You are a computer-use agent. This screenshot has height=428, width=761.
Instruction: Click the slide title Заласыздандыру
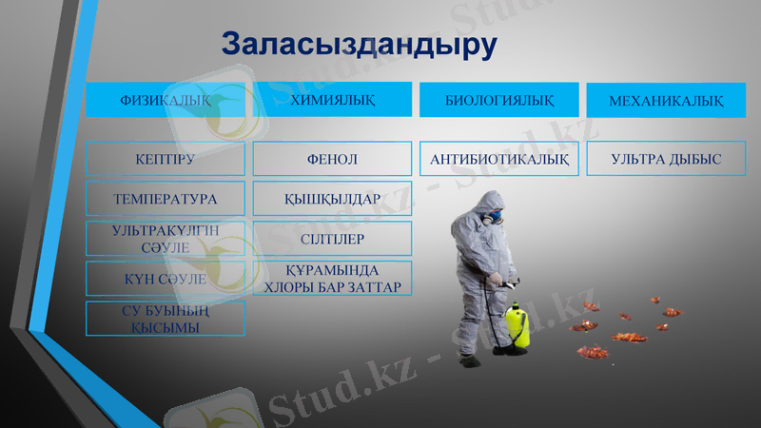tap(359, 45)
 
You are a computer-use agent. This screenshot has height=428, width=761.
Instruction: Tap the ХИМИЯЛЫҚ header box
tap(332, 100)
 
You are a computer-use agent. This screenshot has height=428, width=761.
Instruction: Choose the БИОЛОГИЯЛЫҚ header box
tap(498, 100)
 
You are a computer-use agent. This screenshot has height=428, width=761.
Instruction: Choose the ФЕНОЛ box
tap(332, 159)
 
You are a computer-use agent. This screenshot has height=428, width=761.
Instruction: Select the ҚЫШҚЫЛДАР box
tap(332, 199)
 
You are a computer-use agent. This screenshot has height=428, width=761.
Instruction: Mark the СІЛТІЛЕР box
tap(332, 239)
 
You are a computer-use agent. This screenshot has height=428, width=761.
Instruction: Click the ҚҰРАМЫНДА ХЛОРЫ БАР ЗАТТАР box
tap(332, 279)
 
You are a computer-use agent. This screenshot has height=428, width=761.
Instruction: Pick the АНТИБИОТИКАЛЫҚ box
tap(498, 159)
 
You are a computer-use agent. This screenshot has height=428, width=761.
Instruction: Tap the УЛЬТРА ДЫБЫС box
tap(665, 159)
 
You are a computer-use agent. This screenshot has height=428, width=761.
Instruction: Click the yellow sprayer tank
tap(517, 325)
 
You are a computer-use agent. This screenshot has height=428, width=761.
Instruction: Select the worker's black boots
tap(469, 360)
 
